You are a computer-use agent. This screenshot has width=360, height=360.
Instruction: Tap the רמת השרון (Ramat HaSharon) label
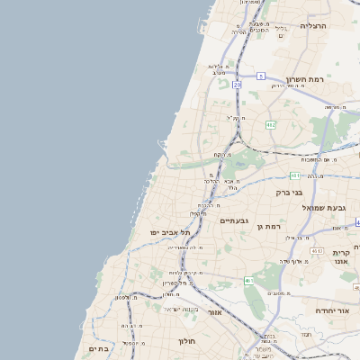pos(305,79)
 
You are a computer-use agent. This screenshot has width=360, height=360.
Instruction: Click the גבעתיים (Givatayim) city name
pos(234,220)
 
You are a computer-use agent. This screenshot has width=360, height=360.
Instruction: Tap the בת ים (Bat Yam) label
pos(98,348)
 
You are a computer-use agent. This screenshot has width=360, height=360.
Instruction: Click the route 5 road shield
pos(260,75)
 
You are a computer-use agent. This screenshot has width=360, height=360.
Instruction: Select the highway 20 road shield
pos(237,84)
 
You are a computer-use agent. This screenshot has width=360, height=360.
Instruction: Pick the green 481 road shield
pos(295,175)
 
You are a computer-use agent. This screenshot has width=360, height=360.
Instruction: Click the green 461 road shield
pos(249,282)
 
